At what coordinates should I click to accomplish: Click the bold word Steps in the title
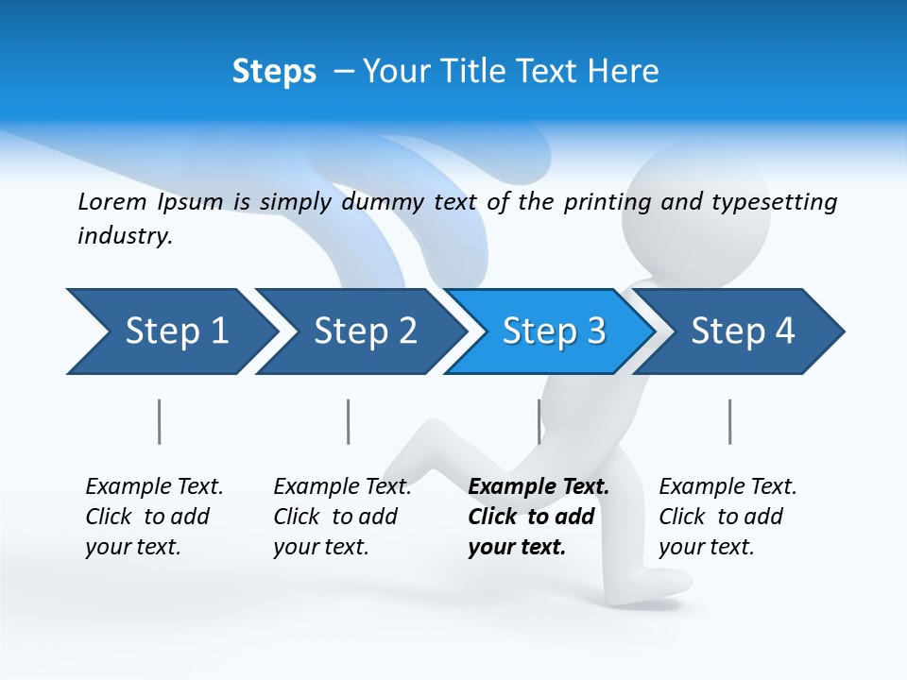pos(274,72)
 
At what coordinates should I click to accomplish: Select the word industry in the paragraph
pos(124,236)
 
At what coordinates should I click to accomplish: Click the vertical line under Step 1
pos(160,421)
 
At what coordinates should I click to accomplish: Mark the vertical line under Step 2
pos(349,421)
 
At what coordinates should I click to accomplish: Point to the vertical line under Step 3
pos(539,421)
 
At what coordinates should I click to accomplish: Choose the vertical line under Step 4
pos(730,421)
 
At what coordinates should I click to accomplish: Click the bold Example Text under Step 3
pos(539,487)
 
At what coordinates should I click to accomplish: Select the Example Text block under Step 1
pos(154,517)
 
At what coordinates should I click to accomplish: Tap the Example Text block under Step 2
pos(342,517)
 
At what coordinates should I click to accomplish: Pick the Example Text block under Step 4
pos(727,517)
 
